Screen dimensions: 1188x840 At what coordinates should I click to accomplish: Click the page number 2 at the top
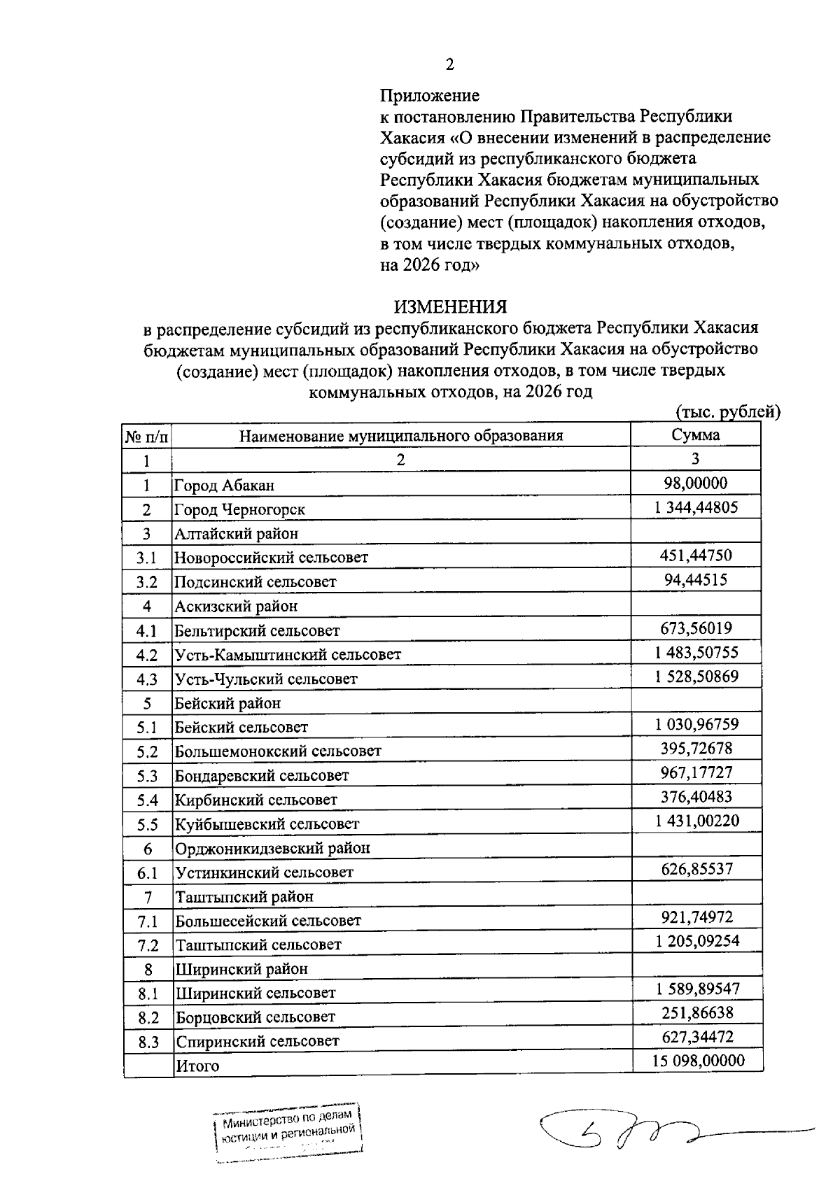click(x=449, y=65)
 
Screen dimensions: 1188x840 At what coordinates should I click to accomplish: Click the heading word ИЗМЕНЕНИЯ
click(x=450, y=307)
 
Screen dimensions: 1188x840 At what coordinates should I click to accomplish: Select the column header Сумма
click(x=695, y=434)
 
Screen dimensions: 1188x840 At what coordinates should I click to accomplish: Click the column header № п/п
click(x=147, y=437)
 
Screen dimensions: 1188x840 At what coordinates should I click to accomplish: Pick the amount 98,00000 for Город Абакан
click(x=695, y=483)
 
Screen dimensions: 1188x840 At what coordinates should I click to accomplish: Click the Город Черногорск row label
click(x=239, y=510)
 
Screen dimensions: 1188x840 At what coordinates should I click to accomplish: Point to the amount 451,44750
click(x=695, y=556)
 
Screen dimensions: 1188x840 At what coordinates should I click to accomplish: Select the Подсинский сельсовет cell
click(x=255, y=582)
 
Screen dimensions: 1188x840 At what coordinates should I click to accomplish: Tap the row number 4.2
click(x=147, y=656)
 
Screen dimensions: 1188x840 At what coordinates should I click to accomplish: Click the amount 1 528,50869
click(x=696, y=677)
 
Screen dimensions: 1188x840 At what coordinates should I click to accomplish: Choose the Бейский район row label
click(x=227, y=703)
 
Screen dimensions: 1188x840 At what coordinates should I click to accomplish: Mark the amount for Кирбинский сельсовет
click(x=696, y=797)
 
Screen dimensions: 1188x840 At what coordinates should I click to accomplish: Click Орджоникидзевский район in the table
click(x=272, y=849)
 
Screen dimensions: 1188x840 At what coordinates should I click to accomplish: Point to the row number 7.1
click(x=148, y=921)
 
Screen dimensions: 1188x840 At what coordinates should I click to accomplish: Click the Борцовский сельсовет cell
click(x=255, y=1017)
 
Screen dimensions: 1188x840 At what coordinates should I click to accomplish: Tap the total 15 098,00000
click(x=698, y=1061)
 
